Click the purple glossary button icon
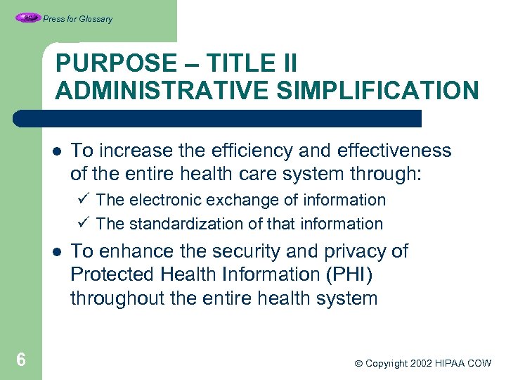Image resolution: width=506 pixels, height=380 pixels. [28, 18]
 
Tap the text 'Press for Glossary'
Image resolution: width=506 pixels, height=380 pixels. [77, 19]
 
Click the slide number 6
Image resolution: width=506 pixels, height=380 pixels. [21, 360]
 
